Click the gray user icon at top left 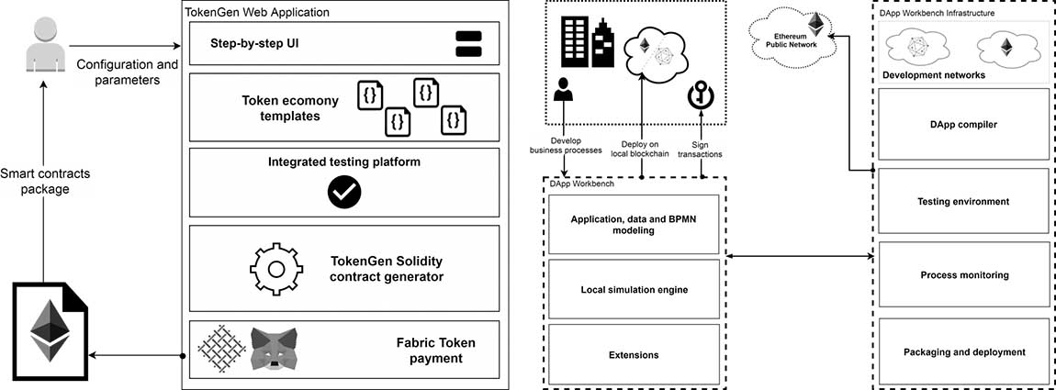[37, 45]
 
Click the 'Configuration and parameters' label [127, 72]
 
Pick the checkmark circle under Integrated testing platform [344, 190]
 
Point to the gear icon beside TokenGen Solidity [276, 267]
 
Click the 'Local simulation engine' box [634, 290]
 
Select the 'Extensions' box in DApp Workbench [634, 355]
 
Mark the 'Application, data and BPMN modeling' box [634, 225]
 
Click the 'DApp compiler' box [963, 124]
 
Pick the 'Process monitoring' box [963, 275]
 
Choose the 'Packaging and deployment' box [963, 351]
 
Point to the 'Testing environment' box [963, 201]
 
